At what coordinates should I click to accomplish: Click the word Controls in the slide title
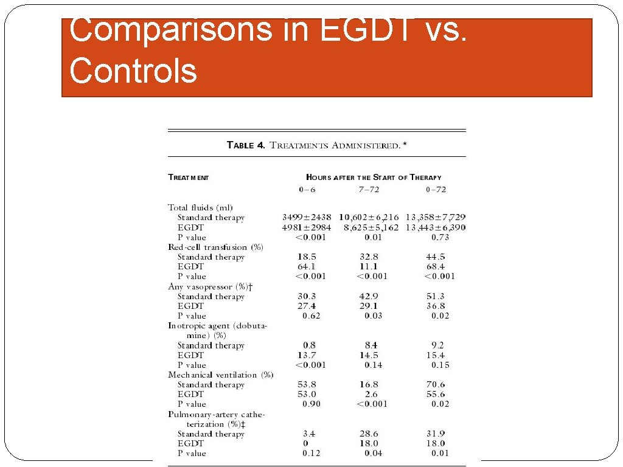coord(133,70)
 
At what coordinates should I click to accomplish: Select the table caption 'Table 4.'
coord(246,145)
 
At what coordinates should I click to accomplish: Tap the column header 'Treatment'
coord(188,178)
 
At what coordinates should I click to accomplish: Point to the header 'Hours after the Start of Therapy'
coord(374,178)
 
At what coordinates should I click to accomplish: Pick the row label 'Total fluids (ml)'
coord(200,207)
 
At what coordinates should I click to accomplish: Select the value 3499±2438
coord(307,217)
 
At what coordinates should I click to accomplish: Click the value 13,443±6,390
coord(436,227)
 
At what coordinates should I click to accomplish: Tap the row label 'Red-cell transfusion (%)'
coord(215,247)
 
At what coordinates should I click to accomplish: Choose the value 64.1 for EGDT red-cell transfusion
coord(307,266)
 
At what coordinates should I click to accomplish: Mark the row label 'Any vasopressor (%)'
coord(210,286)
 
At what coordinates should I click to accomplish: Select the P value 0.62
coord(311,316)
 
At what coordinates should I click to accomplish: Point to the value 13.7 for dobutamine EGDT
coord(307,355)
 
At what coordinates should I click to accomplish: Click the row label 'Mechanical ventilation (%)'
coord(220,375)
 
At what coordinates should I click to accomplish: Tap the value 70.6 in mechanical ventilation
coord(436,384)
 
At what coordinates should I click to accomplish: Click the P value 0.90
coord(311,404)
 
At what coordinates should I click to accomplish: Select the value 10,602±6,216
coord(369,217)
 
